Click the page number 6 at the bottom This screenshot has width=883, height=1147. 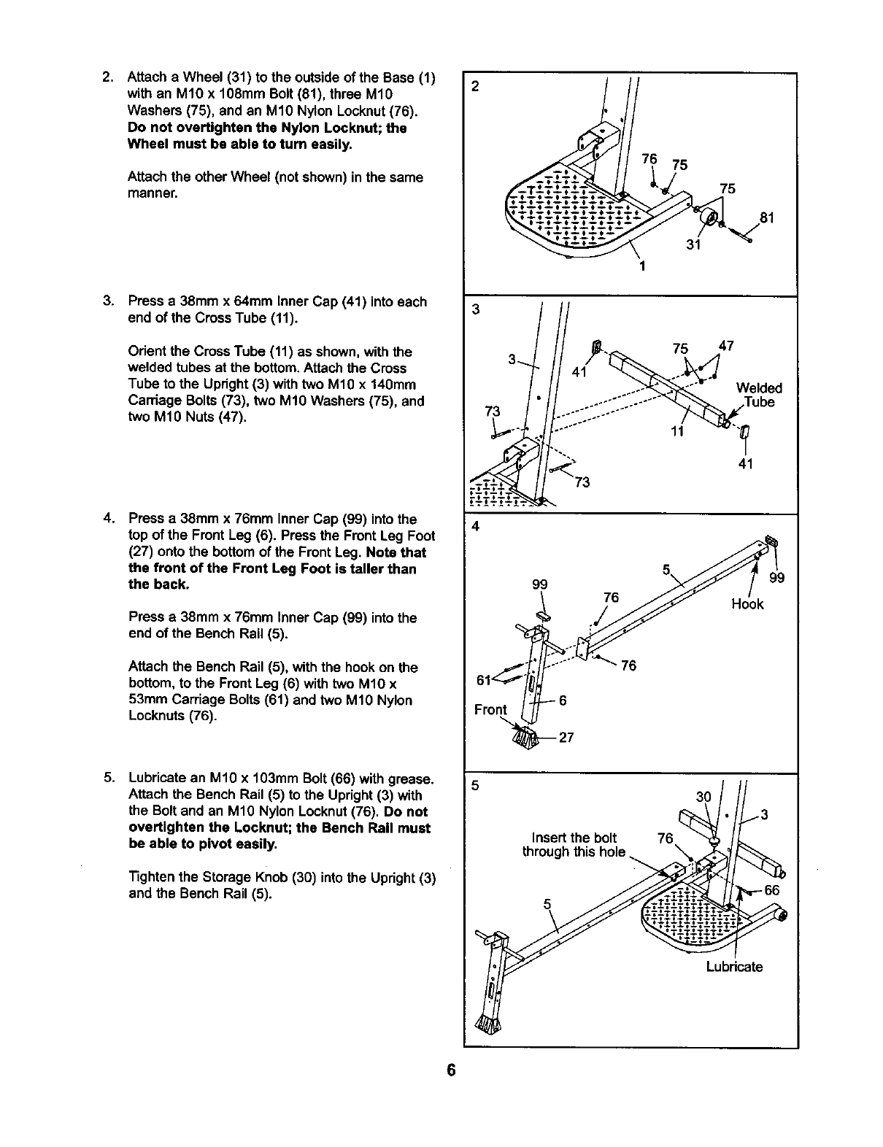(x=451, y=1070)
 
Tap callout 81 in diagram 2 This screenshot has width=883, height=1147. (x=766, y=217)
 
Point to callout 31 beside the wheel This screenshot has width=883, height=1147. (x=693, y=245)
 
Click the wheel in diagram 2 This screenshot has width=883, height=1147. (x=708, y=217)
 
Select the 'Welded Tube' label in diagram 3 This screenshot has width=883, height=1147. (x=759, y=395)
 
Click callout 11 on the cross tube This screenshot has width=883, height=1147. (x=676, y=431)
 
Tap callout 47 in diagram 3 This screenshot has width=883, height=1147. (x=726, y=346)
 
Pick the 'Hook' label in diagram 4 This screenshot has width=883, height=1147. (x=747, y=604)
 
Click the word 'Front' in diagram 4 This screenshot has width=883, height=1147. (x=490, y=710)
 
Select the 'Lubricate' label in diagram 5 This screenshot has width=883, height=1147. (x=734, y=968)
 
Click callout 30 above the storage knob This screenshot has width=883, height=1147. (x=703, y=798)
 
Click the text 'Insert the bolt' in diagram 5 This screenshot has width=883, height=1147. (x=574, y=838)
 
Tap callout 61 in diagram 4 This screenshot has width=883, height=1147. (x=482, y=680)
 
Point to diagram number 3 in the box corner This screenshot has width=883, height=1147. (x=475, y=309)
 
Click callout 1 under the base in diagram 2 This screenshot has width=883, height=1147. (x=641, y=266)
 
